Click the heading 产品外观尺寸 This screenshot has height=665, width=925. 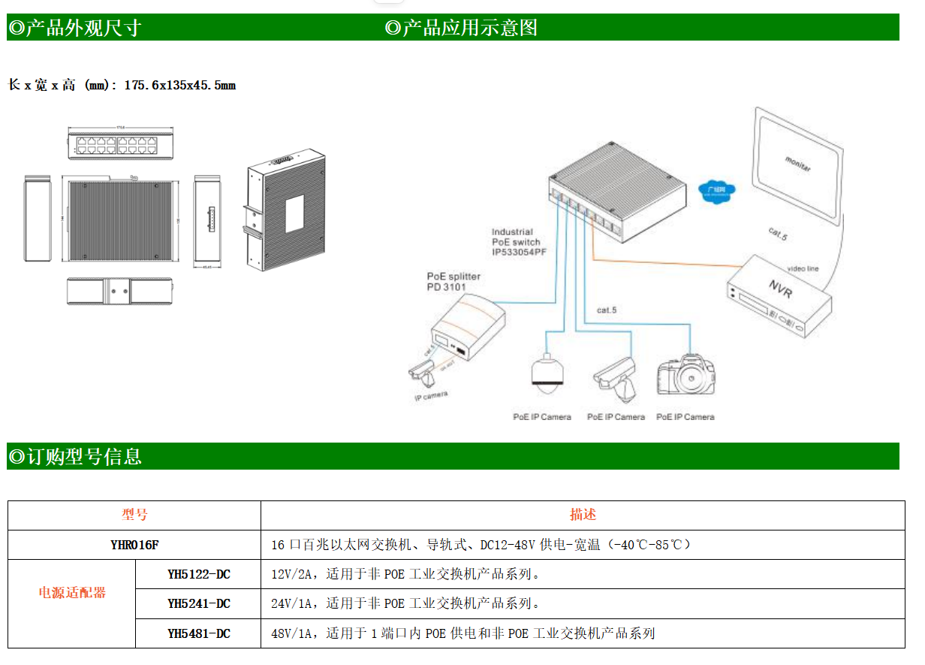[74, 29]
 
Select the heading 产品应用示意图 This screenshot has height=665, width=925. [461, 29]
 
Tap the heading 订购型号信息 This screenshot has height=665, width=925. [74, 456]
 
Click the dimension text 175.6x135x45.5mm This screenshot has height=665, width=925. [179, 86]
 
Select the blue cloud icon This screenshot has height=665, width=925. [716, 189]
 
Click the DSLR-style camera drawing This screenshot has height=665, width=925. [685, 373]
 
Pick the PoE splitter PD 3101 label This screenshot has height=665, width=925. [453, 282]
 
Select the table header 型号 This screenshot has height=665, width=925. [134, 515]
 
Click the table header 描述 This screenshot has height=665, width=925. [583, 515]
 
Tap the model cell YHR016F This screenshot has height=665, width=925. [134, 545]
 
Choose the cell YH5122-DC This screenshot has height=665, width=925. [198, 575]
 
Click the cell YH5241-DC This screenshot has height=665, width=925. [198, 603]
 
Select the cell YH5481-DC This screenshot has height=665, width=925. [198, 633]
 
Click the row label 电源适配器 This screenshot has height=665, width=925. [72, 593]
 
